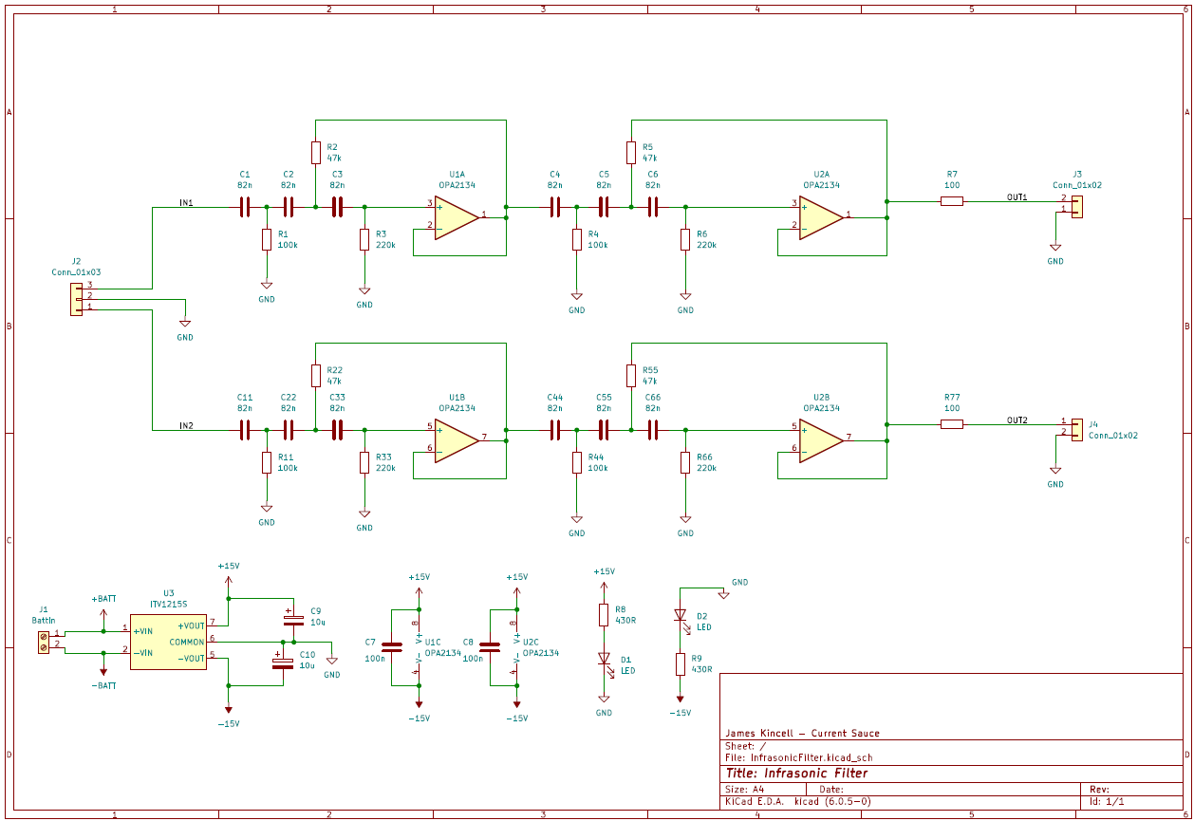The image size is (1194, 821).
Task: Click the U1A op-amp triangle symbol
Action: pos(457,217)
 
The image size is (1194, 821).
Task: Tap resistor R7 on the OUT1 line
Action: pos(952,201)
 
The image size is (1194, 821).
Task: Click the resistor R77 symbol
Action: pos(952,424)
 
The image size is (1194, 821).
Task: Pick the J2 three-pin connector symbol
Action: pos(76,297)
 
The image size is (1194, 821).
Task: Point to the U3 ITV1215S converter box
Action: pos(168,643)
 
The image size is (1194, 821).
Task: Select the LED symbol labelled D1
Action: pos(604,659)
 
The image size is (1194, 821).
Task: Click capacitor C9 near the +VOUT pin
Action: pos(293,619)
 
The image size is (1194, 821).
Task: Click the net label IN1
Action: pos(186,203)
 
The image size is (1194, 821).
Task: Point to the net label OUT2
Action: pos(1017,420)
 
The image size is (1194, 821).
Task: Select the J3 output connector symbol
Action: pos(1076,206)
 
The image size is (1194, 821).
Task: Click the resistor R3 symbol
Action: pos(364,239)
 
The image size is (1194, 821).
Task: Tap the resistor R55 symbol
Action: pos(630,375)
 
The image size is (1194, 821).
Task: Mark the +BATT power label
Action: pos(103,599)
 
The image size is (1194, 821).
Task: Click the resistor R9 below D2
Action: pos(680,663)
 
